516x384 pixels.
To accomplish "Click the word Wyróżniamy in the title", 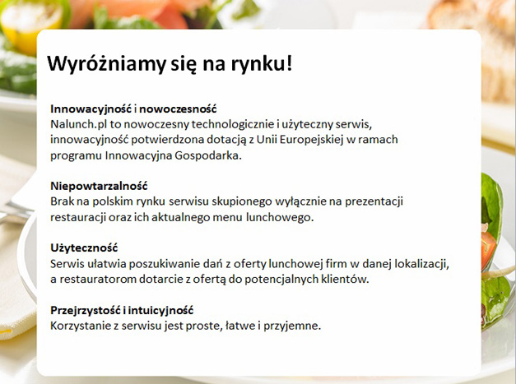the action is [106, 63].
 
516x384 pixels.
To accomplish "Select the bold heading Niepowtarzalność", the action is [99, 187].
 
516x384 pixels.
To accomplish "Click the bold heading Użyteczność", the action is [84, 248].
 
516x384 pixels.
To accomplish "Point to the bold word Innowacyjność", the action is [91, 109].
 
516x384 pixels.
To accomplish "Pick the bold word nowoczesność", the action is [178, 109].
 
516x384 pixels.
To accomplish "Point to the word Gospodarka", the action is [208, 155].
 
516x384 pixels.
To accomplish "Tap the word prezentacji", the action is [374, 201].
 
